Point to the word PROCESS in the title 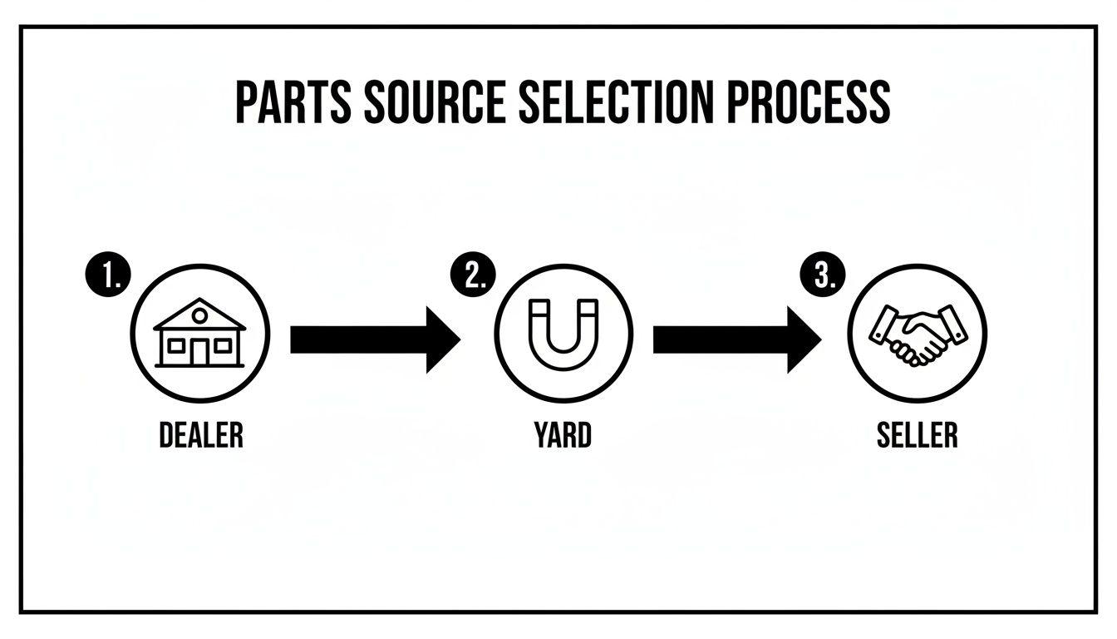pyautogui.click(x=804, y=103)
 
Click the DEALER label pyautogui.click(x=200, y=434)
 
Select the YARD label pyautogui.click(x=563, y=434)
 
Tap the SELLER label pyautogui.click(x=917, y=434)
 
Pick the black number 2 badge pyautogui.click(x=473, y=275)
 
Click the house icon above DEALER pyautogui.click(x=199, y=334)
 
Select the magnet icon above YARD pyautogui.click(x=563, y=336)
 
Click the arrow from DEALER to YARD pyautogui.click(x=373, y=339)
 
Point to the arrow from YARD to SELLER pyautogui.click(x=736, y=339)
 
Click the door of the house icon pyautogui.click(x=199, y=352)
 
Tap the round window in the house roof pyautogui.click(x=199, y=315)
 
